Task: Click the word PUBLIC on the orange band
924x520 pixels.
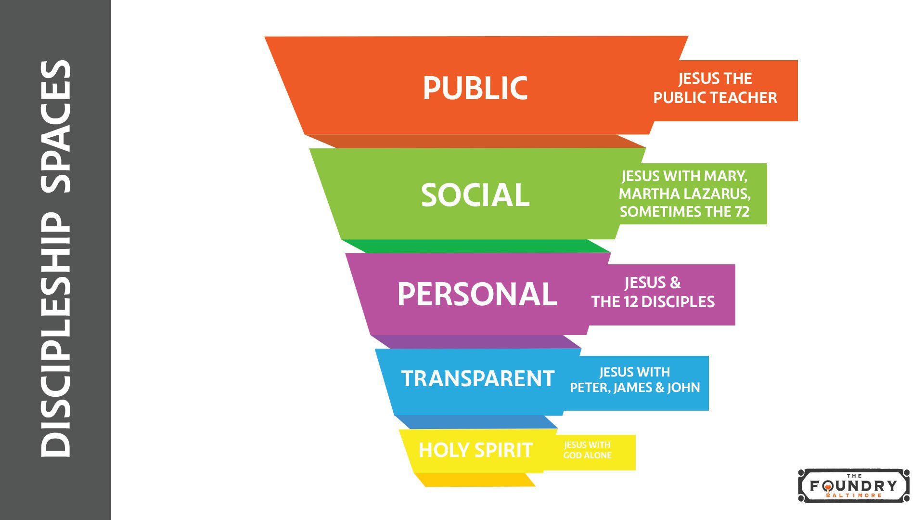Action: (x=475, y=88)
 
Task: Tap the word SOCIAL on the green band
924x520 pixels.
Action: (x=475, y=195)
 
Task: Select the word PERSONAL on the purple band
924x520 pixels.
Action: (x=477, y=294)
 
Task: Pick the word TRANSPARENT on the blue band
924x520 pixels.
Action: (x=478, y=378)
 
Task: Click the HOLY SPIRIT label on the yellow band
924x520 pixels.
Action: (x=475, y=450)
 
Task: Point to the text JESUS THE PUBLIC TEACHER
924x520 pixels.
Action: (x=715, y=88)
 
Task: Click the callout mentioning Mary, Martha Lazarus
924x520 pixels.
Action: (x=684, y=194)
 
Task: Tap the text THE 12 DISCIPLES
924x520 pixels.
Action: (x=653, y=302)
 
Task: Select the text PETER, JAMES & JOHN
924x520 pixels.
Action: (x=635, y=388)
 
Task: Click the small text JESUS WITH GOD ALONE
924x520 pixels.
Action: (x=587, y=450)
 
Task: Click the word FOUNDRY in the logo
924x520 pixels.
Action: (x=854, y=485)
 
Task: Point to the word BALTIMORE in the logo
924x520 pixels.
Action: (x=854, y=495)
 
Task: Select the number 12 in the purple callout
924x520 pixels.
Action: (x=630, y=302)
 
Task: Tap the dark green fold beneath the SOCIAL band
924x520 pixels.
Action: (x=476, y=246)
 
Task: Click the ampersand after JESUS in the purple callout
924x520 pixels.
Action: (x=675, y=283)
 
